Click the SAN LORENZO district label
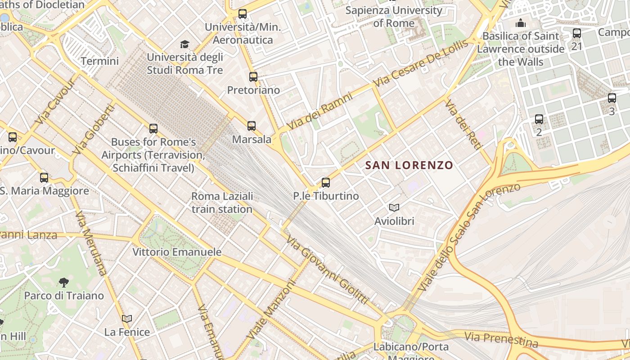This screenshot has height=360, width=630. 409,165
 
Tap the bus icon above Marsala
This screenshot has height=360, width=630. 252,126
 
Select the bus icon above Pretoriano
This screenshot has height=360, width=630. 253,77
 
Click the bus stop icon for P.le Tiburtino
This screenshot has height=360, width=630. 326,183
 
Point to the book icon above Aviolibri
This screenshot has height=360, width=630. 394,207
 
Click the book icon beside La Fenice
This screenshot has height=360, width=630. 127,319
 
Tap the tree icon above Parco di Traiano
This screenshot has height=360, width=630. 64,283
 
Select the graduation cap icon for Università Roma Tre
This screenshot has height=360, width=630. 184,44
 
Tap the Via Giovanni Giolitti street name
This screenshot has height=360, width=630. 328,270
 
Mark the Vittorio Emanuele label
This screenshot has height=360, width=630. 177,252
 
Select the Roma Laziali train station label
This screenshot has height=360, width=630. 222,202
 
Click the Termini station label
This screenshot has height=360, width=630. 100,61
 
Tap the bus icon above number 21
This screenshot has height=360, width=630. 576,33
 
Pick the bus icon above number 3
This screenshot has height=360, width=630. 612,98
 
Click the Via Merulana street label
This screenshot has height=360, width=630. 91,243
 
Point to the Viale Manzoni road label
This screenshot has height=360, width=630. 271,310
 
